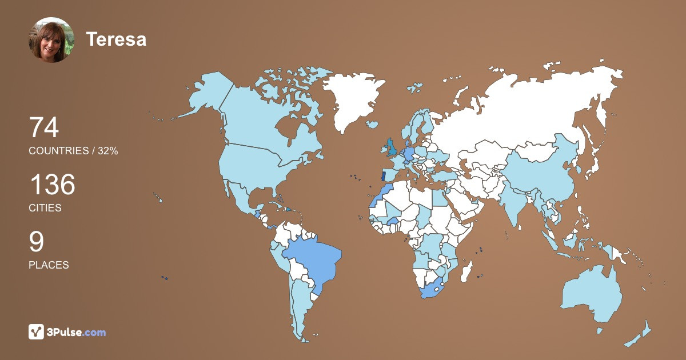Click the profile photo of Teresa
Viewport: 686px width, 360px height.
pos(51,40)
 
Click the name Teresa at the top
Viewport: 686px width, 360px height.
pos(116,39)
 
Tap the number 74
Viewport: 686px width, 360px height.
pos(44,127)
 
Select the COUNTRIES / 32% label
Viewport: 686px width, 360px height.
pos(73,151)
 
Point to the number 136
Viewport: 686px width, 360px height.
pos(52,185)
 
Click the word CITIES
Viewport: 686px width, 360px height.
pos(45,208)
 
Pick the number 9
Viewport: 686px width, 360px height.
pos(36,242)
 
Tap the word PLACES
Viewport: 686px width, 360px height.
pos(49,265)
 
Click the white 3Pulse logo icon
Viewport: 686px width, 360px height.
pos(37,331)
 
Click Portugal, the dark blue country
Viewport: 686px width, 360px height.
pos(384,176)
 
